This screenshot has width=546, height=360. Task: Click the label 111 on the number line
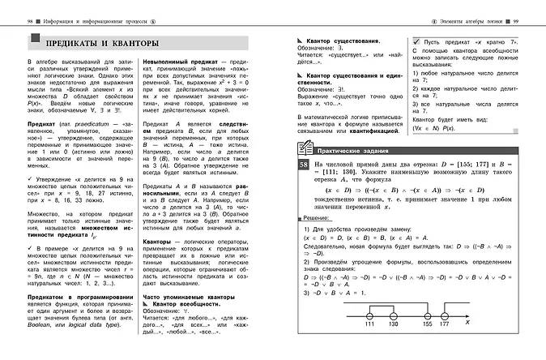[369, 346]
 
